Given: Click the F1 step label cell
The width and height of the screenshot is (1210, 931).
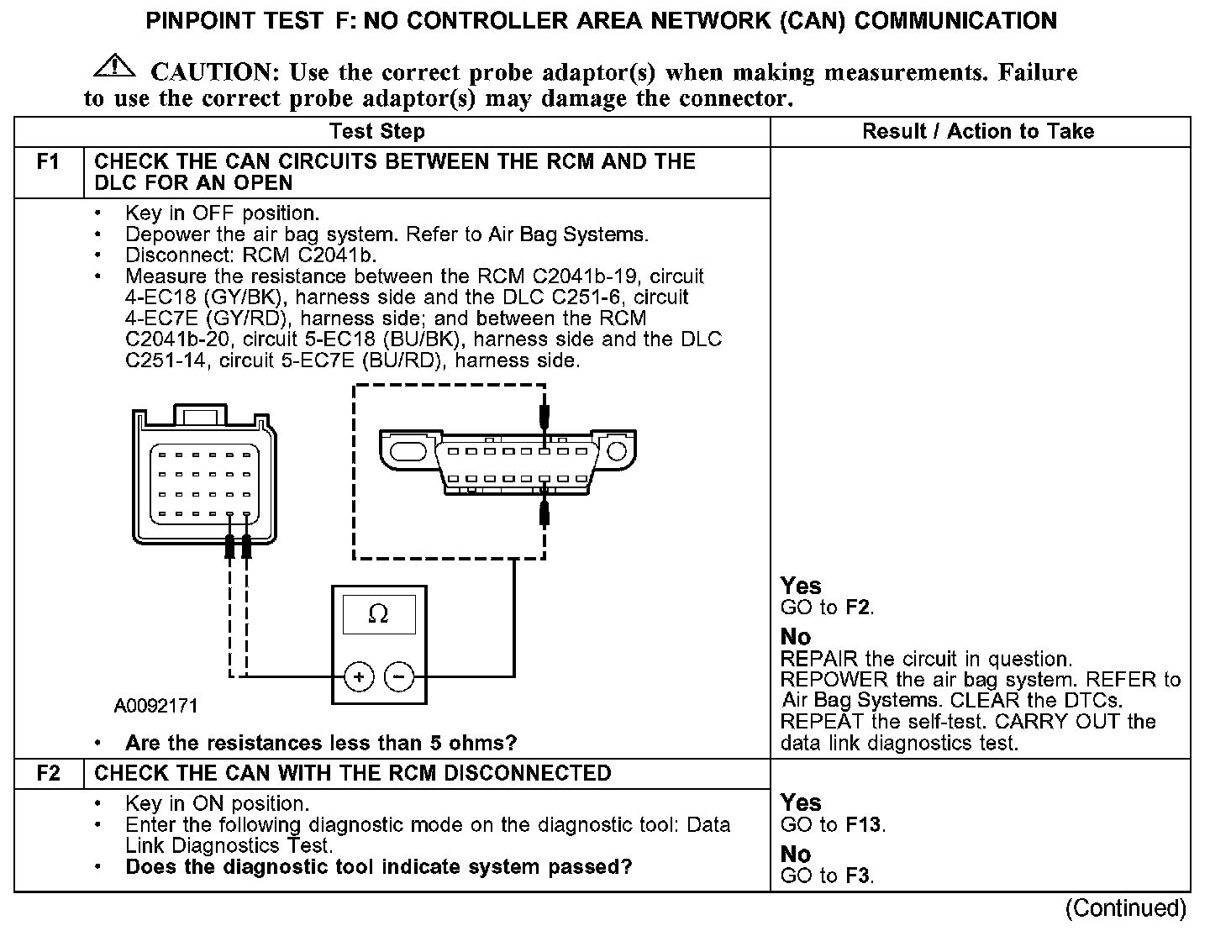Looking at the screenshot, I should click(49, 162).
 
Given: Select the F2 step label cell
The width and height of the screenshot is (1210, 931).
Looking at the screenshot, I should click(49, 773).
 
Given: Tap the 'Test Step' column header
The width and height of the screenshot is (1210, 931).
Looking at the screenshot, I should click(377, 132).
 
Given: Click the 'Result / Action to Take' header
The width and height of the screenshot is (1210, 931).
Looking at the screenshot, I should click(978, 132).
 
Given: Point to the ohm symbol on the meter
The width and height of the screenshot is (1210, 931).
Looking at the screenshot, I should click(378, 615).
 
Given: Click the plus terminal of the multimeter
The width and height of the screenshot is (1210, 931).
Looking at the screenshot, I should click(359, 676).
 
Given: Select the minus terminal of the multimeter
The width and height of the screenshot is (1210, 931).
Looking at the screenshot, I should click(399, 676).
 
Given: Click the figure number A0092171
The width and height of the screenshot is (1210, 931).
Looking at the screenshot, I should click(156, 706).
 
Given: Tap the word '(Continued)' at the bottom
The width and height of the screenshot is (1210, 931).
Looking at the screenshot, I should click(1126, 908).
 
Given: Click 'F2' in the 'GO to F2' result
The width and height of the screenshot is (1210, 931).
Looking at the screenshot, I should click(859, 608).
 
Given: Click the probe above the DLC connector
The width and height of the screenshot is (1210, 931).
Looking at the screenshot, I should click(544, 415).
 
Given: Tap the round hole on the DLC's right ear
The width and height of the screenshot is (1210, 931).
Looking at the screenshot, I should click(617, 450).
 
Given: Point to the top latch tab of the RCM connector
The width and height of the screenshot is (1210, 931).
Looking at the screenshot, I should click(199, 415).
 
